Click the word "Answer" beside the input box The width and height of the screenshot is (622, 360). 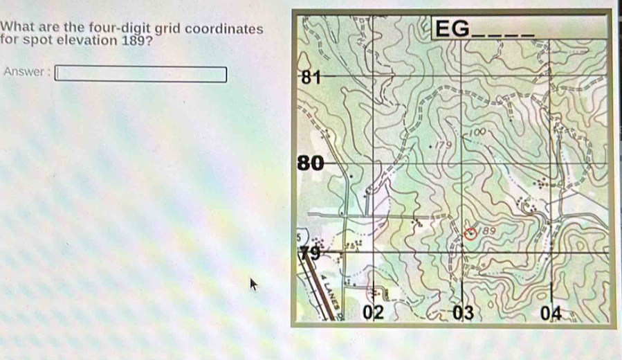point(24,72)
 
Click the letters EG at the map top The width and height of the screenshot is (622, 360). point(451,29)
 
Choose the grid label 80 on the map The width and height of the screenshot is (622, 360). point(310,163)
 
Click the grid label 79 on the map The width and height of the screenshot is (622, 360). point(310,253)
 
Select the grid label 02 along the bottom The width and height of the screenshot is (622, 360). point(374,313)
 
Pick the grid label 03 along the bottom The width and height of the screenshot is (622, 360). point(463,313)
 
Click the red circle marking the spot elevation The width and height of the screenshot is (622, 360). point(471,234)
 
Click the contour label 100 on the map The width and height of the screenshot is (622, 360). point(480,131)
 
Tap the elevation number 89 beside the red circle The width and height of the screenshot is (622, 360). point(489,229)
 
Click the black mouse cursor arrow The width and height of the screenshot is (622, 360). point(253,283)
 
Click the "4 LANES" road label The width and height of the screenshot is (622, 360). point(327,287)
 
